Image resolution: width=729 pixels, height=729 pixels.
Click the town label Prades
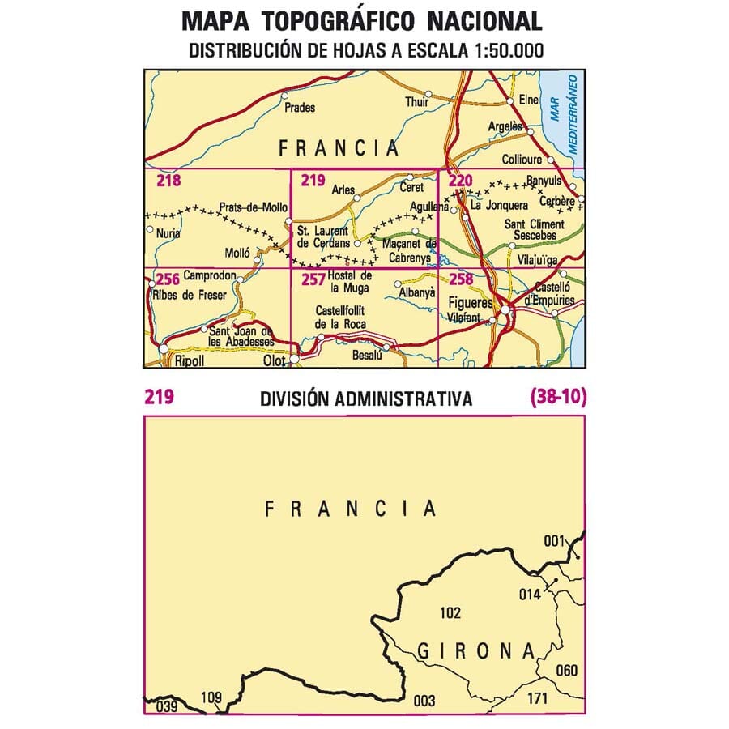pyautogui.click(x=301, y=107)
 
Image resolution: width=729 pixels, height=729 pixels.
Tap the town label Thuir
pyautogui.click(x=416, y=102)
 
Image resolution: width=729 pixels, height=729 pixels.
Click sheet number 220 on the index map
pyautogui.click(x=458, y=181)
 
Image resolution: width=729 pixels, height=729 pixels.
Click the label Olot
pyautogui.click(x=276, y=361)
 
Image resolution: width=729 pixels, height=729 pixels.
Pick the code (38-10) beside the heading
pyautogui.click(x=558, y=398)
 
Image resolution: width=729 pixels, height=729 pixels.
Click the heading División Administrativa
pyautogui.click(x=366, y=399)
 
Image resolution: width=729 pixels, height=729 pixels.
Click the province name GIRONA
pyautogui.click(x=476, y=650)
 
